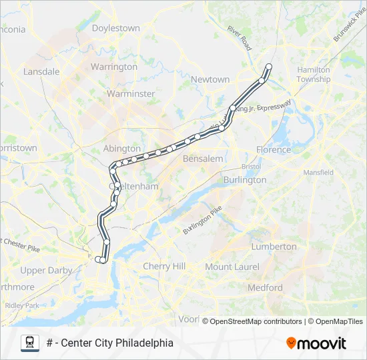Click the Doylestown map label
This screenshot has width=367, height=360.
click(x=115, y=28)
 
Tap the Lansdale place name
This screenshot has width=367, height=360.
click(x=41, y=71)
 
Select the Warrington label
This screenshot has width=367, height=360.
click(x=113, y=67)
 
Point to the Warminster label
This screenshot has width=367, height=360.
click(x=131, y=93)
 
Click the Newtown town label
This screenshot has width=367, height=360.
click(x=210, y=79)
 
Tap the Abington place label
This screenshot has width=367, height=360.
click(x=121, y=148)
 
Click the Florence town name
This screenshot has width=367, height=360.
click(x=274, y=149)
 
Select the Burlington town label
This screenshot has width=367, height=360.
click(x=245, y=179)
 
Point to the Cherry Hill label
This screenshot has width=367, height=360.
click(x=164, y=266)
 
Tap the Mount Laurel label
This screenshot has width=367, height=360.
click(x=228, y=267)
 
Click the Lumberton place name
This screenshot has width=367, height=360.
click(x=274, y=246)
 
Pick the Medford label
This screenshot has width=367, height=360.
click(x=265, y=288)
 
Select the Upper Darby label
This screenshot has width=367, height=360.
click(x=42, y=270)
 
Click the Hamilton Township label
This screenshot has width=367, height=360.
click(x=314, y=74)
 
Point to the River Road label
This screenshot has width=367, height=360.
click(x=238, y=39)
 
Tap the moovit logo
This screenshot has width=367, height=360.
click(x=316, y=343)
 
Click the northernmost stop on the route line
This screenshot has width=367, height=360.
click(x=269, y=66)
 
